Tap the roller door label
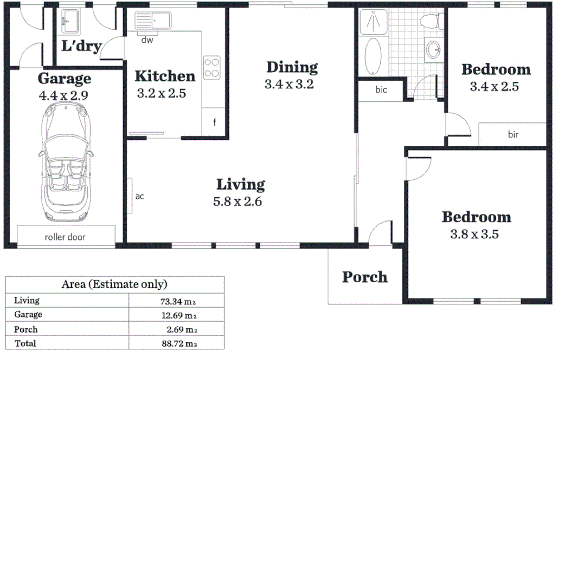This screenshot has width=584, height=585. [65, 237]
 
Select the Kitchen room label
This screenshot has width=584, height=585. [164, 76]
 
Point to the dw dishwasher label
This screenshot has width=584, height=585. [146, 40]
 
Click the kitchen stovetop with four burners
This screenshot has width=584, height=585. [211, 68]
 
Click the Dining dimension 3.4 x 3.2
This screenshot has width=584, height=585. [289, 84]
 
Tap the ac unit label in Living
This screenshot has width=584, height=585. [139, 197]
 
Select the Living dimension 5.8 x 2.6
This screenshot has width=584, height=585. [239, 201]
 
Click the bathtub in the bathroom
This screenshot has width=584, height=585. [374, 57]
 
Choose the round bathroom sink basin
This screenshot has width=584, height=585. [433, 50]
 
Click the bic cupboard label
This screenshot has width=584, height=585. [381, 90]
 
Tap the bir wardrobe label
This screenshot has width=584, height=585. [513, 134]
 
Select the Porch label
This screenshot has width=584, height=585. [365, 277]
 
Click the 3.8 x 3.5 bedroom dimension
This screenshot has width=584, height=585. [474, 235]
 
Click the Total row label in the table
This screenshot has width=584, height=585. [25, 343]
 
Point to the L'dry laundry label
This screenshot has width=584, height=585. [81, 47]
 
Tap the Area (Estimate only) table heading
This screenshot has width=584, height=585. [114, 284]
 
